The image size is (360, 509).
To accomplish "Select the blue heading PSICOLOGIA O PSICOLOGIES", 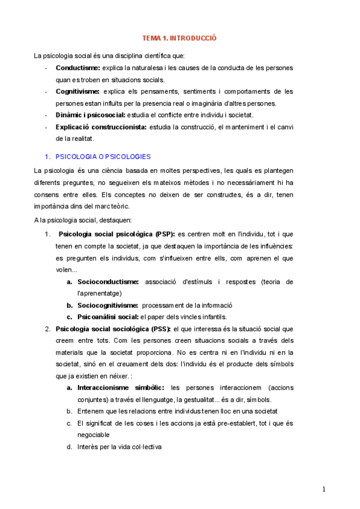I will (103, 157).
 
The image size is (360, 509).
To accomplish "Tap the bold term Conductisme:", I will (78, 68).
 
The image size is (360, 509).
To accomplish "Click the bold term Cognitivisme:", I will (77, 91).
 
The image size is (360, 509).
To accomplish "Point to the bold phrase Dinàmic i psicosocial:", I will (91, 115).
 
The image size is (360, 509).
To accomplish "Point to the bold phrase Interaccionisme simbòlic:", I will (121, 388).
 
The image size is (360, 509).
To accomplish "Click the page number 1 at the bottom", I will (324, 489).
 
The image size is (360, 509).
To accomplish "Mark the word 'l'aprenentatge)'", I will (100, 293).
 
